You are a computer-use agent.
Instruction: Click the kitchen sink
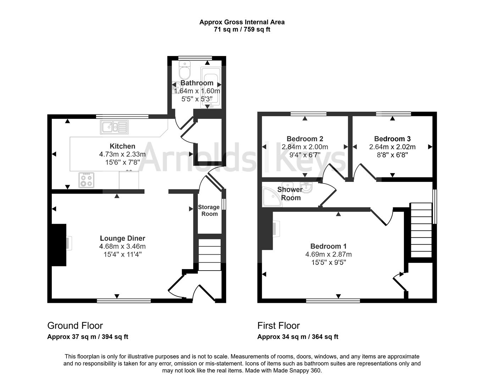[115, 127]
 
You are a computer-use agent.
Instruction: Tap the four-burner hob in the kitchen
[87, 180]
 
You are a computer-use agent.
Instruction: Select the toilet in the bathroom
[185, 70]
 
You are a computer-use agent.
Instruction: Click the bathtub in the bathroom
[211, 88]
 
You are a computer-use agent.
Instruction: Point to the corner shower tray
[272, 197]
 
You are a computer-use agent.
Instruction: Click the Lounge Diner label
[123, 238]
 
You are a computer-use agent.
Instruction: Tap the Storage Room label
[209, 210]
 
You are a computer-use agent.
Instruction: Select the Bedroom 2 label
[305, 139]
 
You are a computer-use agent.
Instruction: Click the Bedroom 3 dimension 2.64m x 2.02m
[392, 147]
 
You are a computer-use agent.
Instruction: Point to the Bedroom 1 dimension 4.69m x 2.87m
[328, 254]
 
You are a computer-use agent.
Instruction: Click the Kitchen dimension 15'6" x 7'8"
[123, 162]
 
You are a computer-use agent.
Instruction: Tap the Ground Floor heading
[75, 326]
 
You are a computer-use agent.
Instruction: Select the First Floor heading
[279, 326]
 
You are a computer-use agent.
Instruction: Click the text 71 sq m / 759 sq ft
[242, 29]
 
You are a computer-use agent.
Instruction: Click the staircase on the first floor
[421, 230]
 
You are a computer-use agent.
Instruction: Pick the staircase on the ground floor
[209, 255]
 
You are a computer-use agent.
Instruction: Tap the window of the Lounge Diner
[124, 301]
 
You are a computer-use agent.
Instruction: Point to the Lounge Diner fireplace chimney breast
[59, 245]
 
